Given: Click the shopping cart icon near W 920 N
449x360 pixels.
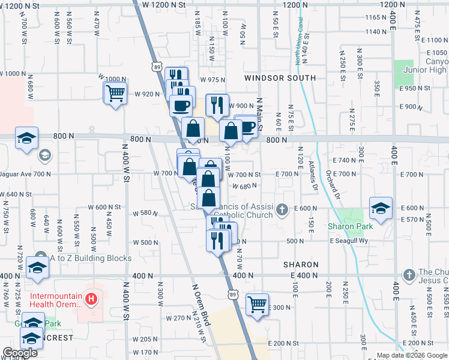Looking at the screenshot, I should point(115,92).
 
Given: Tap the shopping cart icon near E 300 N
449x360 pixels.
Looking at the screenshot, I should point(257,304).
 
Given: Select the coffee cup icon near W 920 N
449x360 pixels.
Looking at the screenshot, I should point(181,106).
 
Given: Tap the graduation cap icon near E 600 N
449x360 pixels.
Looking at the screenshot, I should point(381,208).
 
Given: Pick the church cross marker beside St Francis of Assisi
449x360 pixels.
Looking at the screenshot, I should point(281,208).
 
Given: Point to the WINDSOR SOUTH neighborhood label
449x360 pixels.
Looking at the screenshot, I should point(280,78).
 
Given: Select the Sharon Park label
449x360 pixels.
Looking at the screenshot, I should point(350,226).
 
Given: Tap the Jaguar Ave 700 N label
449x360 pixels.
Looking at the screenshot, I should point(26,174).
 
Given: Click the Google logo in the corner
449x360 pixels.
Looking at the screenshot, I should point(20,353).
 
